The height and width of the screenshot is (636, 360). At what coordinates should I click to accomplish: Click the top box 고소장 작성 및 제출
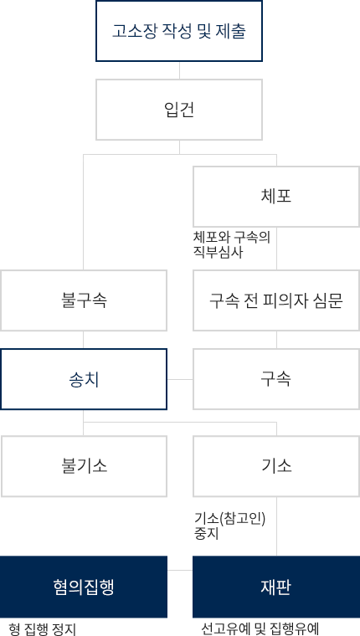click(179, 31)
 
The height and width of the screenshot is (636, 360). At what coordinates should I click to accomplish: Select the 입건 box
click(179, 110)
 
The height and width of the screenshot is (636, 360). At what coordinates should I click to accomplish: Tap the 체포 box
click(276, 197)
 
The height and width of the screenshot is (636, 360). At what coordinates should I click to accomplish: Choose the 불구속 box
click(84, 300)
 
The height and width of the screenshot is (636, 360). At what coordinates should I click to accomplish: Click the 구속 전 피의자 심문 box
click(276, 300)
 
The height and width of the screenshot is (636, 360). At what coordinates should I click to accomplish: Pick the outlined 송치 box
click(84, 379)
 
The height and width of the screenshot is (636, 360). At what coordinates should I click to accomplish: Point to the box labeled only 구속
click(276, 379)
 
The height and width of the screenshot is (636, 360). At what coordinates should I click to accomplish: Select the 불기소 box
click(84, 466)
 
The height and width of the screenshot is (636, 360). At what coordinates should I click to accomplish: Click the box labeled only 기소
click(276, 466)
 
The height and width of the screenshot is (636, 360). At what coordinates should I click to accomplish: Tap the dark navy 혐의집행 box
click(84, 587)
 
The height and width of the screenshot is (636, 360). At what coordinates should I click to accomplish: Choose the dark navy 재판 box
click(276, 587)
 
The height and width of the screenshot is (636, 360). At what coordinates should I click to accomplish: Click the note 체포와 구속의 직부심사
click(232, 244)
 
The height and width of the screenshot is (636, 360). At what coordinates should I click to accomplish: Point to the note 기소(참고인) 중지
click(229, 526)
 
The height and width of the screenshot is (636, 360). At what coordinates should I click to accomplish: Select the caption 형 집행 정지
click(42, 629)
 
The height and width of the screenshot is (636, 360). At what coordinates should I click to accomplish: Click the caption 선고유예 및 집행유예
click(260, 629)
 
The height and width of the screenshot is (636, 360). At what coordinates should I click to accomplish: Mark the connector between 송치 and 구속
click(180, 380)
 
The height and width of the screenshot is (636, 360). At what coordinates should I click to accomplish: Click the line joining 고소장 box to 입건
click(179, 70)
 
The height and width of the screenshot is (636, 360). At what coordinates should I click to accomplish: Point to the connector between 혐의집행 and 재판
click(180, 570)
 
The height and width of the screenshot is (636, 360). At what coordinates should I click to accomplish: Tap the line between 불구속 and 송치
click(84, 340)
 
